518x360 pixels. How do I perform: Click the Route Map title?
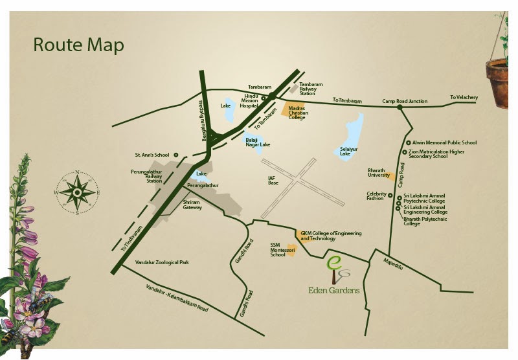point(78,45)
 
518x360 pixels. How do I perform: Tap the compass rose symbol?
point(77,192)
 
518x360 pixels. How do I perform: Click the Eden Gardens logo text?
point(333,290)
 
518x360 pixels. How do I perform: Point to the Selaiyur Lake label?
point(349,152)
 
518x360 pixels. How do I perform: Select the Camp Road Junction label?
point(405,101)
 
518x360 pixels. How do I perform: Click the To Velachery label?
point(464,98)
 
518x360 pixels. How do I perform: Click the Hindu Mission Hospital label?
point(249,100)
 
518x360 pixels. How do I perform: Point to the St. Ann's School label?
point(152,155)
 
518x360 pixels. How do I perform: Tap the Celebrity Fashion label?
point(376,196)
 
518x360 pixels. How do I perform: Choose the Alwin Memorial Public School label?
point(444,142)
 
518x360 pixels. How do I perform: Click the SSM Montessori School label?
point(278,250)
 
